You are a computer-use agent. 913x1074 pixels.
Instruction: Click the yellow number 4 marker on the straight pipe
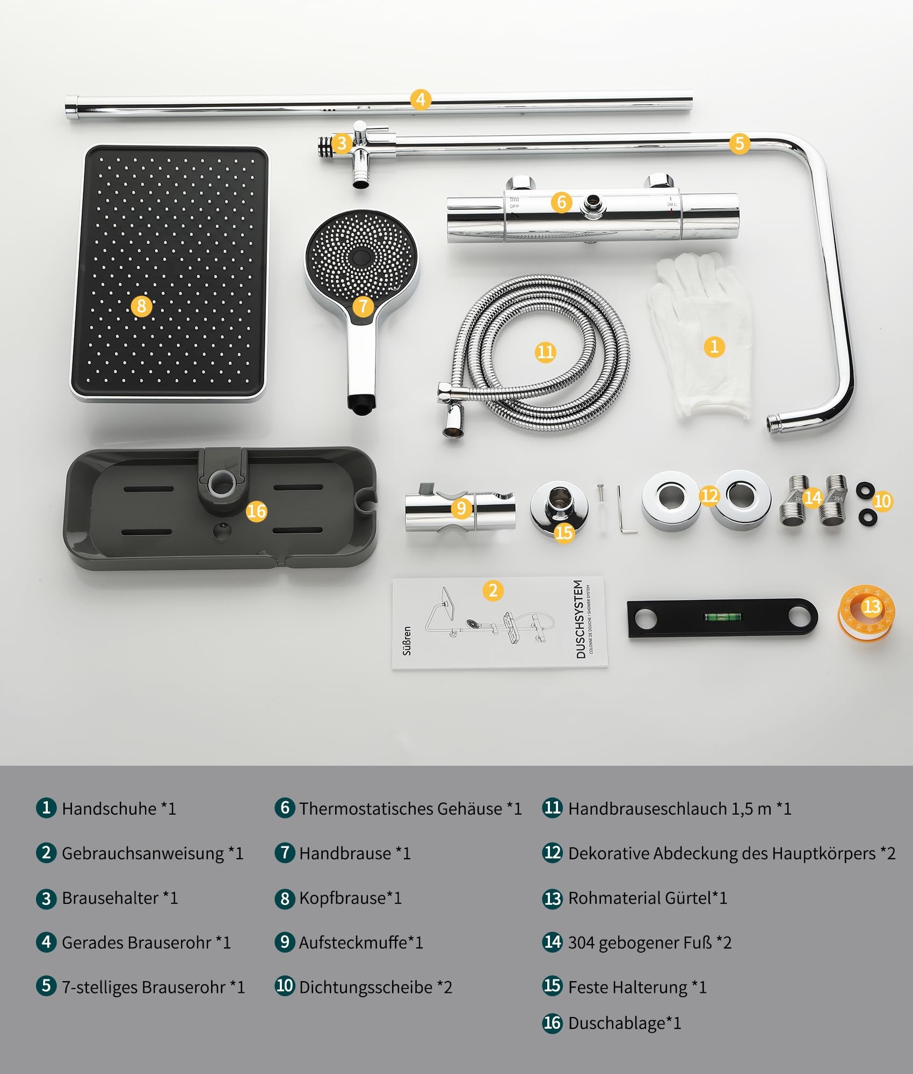click(x=421, y=99)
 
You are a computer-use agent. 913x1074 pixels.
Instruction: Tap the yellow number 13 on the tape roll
click(x=871, y=607)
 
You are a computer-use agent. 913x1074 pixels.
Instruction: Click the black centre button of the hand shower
click(x=361, y=257)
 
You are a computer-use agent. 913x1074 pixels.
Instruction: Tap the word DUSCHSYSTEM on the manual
click(x=579, y=619)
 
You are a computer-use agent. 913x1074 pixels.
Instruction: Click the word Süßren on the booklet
click(x=407, y=641)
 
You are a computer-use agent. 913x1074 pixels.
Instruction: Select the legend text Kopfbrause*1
click(x=350, y=898)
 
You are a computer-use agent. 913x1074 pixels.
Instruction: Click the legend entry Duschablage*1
click(x=625, y=1023)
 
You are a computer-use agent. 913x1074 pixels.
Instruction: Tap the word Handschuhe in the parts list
click(x=109, y=808)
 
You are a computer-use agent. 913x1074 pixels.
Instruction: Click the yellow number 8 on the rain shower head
click(x=141, y=306)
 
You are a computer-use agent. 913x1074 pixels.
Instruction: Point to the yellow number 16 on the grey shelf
click(x=256, y=511)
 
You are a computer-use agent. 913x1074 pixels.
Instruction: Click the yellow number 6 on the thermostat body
click(x=561, y=202)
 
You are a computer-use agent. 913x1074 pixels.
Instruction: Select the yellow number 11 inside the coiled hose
click(x=545, y=352)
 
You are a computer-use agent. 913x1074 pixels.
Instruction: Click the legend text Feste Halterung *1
click(x=637, y=987)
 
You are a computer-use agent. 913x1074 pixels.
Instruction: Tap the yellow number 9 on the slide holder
click(x=461, y=508)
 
